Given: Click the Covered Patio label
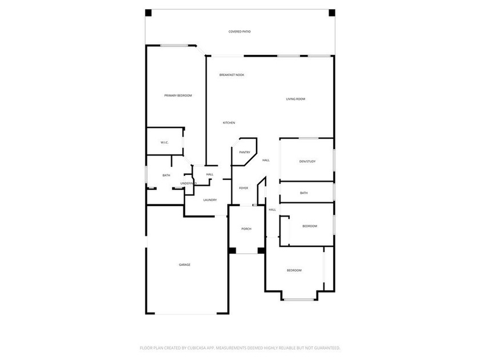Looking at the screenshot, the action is [239, 31].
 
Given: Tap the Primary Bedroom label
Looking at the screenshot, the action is [178, 95].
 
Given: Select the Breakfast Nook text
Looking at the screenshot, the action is [232, 75].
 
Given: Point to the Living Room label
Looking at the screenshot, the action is [295, 99].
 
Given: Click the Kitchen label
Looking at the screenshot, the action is [229, 123].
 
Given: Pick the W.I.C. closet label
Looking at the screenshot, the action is [165, 142].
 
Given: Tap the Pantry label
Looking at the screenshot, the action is [245, 152].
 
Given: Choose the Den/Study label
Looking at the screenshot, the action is [307, 161].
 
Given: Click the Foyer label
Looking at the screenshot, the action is [243, 188].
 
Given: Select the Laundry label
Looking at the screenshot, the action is [210, 200].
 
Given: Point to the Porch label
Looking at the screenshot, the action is [246, 229].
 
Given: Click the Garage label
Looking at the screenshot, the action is [184, 265].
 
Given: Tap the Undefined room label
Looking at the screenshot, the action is [188, 183].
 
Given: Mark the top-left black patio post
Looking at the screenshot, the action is [148, 13].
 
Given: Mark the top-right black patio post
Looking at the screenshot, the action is [332, 13].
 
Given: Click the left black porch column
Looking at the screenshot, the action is [232, 250].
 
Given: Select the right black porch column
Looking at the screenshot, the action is [261, 250].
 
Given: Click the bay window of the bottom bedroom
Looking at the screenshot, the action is [299, 299].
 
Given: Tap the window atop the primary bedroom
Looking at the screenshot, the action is [174, 46].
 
